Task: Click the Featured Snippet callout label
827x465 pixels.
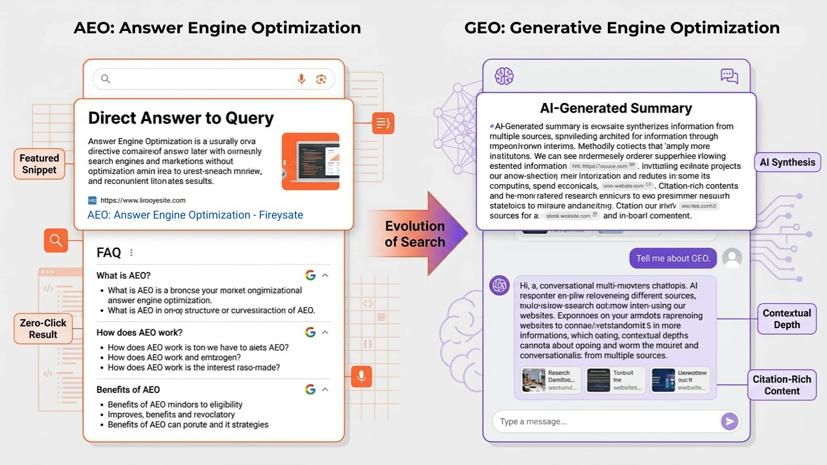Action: pyautogui.click(x=39, y=164)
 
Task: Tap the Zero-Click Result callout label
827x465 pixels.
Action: pyautogui.click(x=43, y=328)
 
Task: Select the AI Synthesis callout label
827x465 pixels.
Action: pyautogui.click(x=788, y=162)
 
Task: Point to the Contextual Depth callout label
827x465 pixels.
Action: pyautogui.click(x=786, y=319)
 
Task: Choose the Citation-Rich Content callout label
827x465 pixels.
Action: pyautogui.click(x=782, y=385)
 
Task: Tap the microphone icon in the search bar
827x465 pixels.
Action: pyautogui.click(x=301, y=79)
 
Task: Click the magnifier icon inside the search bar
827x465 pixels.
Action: pyautogui.click(x=105, y=79)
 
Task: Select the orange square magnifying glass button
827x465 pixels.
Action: pyautogui.click(x=56, y=240)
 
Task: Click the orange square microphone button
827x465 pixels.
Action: pyautogui.click(x=361, y=376)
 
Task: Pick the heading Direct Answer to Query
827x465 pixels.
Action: pyautogui.click(x=181, y=118)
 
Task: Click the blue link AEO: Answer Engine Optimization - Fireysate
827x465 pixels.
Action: pyautogui.click(x=195, y=215)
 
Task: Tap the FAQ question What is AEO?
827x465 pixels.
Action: pyautogui.click(x=124, y=275)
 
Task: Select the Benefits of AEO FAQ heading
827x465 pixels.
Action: pyautogui.click(x=128, y=389)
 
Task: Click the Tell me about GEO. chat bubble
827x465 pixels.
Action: pyautogui.click(x=673, y=259)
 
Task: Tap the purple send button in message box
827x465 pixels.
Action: pyautogui.click(x=730, y=421)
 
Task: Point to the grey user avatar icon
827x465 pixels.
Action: pyautogui.click(x=732, y=258)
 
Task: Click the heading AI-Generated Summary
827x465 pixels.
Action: pyautogui.click(x=616, y=108)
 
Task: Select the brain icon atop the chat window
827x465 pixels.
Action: pyautogui.click(x=504, y=76)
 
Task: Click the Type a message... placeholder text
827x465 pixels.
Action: pyautogui.click(x=533, y=421)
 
